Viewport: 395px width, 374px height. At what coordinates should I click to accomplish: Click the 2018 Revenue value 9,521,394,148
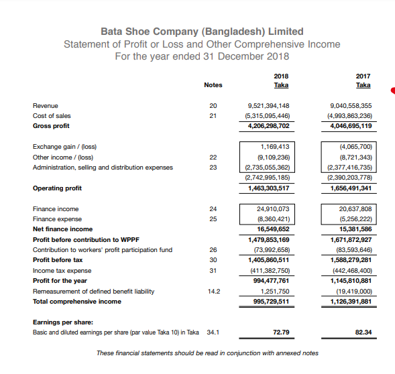point(268,106)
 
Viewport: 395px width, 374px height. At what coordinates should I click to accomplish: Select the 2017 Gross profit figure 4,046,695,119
point(351,125)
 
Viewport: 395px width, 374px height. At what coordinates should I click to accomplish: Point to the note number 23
point(213,167)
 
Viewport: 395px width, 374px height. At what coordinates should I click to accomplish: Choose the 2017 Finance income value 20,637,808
point(356,209)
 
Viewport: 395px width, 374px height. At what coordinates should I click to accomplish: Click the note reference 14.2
point(213,291)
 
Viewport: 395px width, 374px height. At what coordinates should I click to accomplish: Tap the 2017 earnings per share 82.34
point(363,332)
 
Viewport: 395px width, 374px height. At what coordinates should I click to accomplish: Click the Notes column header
point(213,85)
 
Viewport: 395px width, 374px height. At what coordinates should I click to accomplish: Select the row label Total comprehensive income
point(77,301)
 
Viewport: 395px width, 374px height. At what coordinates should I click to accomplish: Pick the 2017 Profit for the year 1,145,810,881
point(351,281)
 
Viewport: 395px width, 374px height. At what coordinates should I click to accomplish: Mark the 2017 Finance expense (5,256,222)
point(356,219)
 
